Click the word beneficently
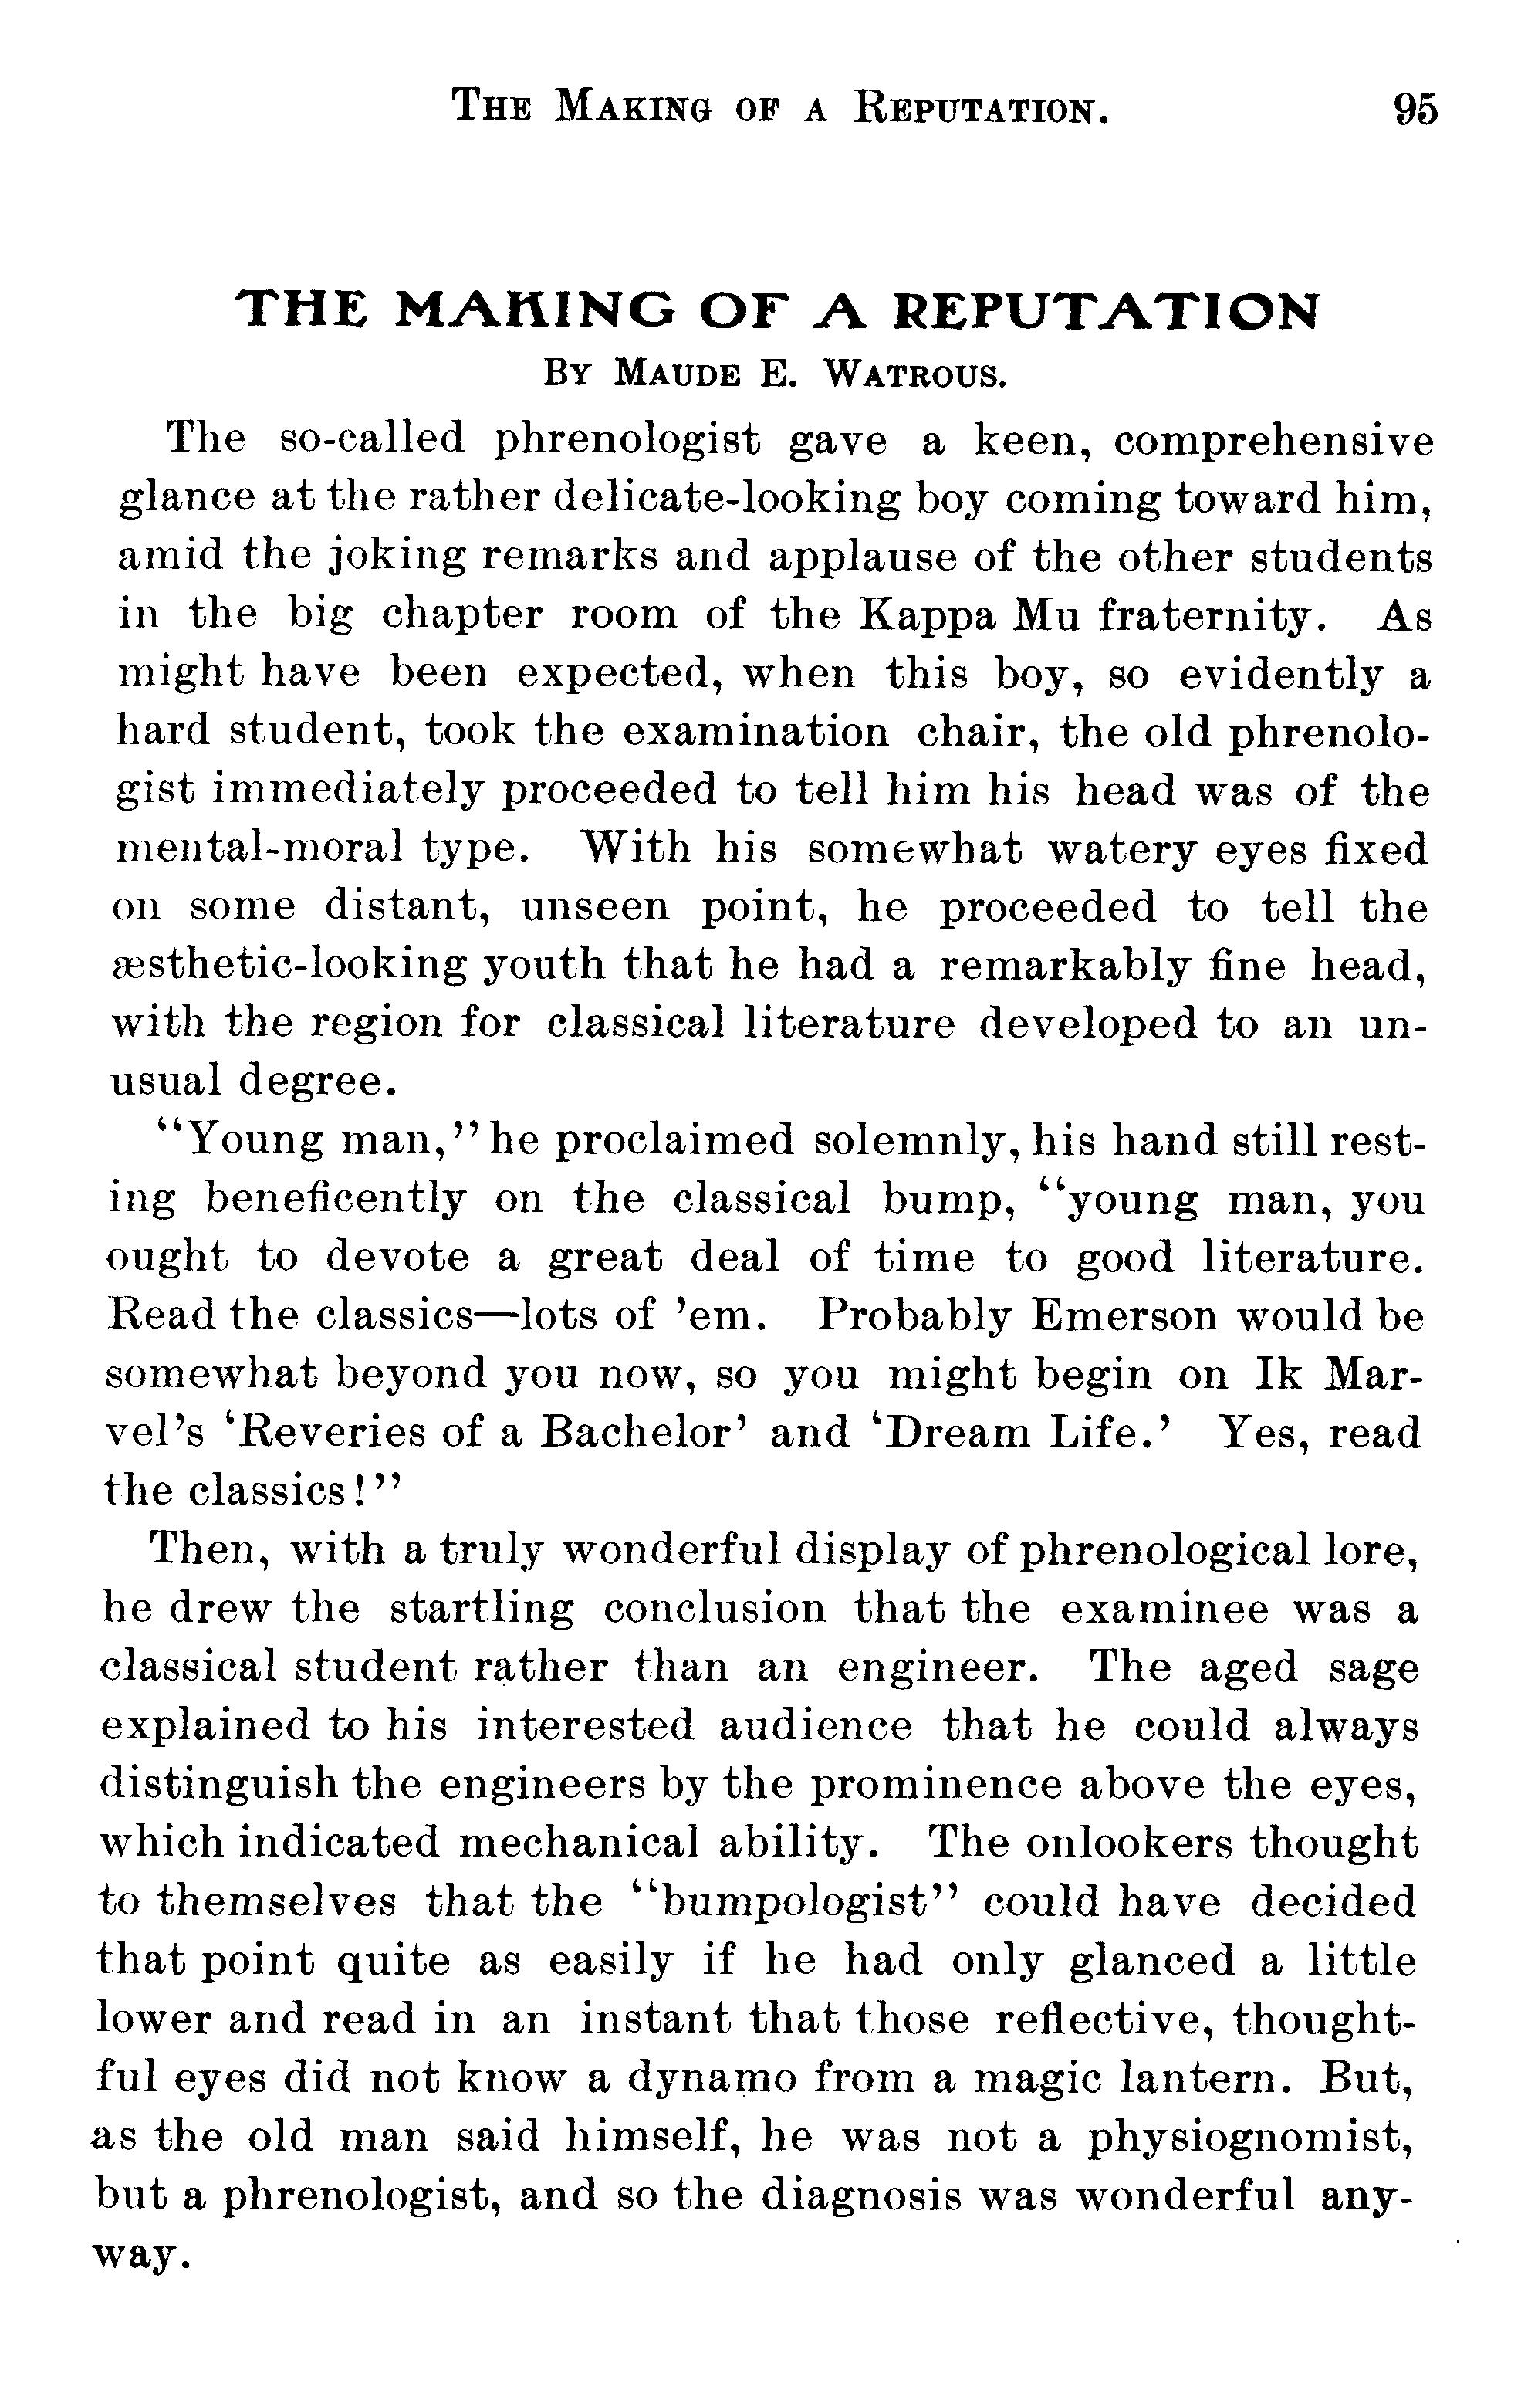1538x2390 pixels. click(x=336, y=1199)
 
